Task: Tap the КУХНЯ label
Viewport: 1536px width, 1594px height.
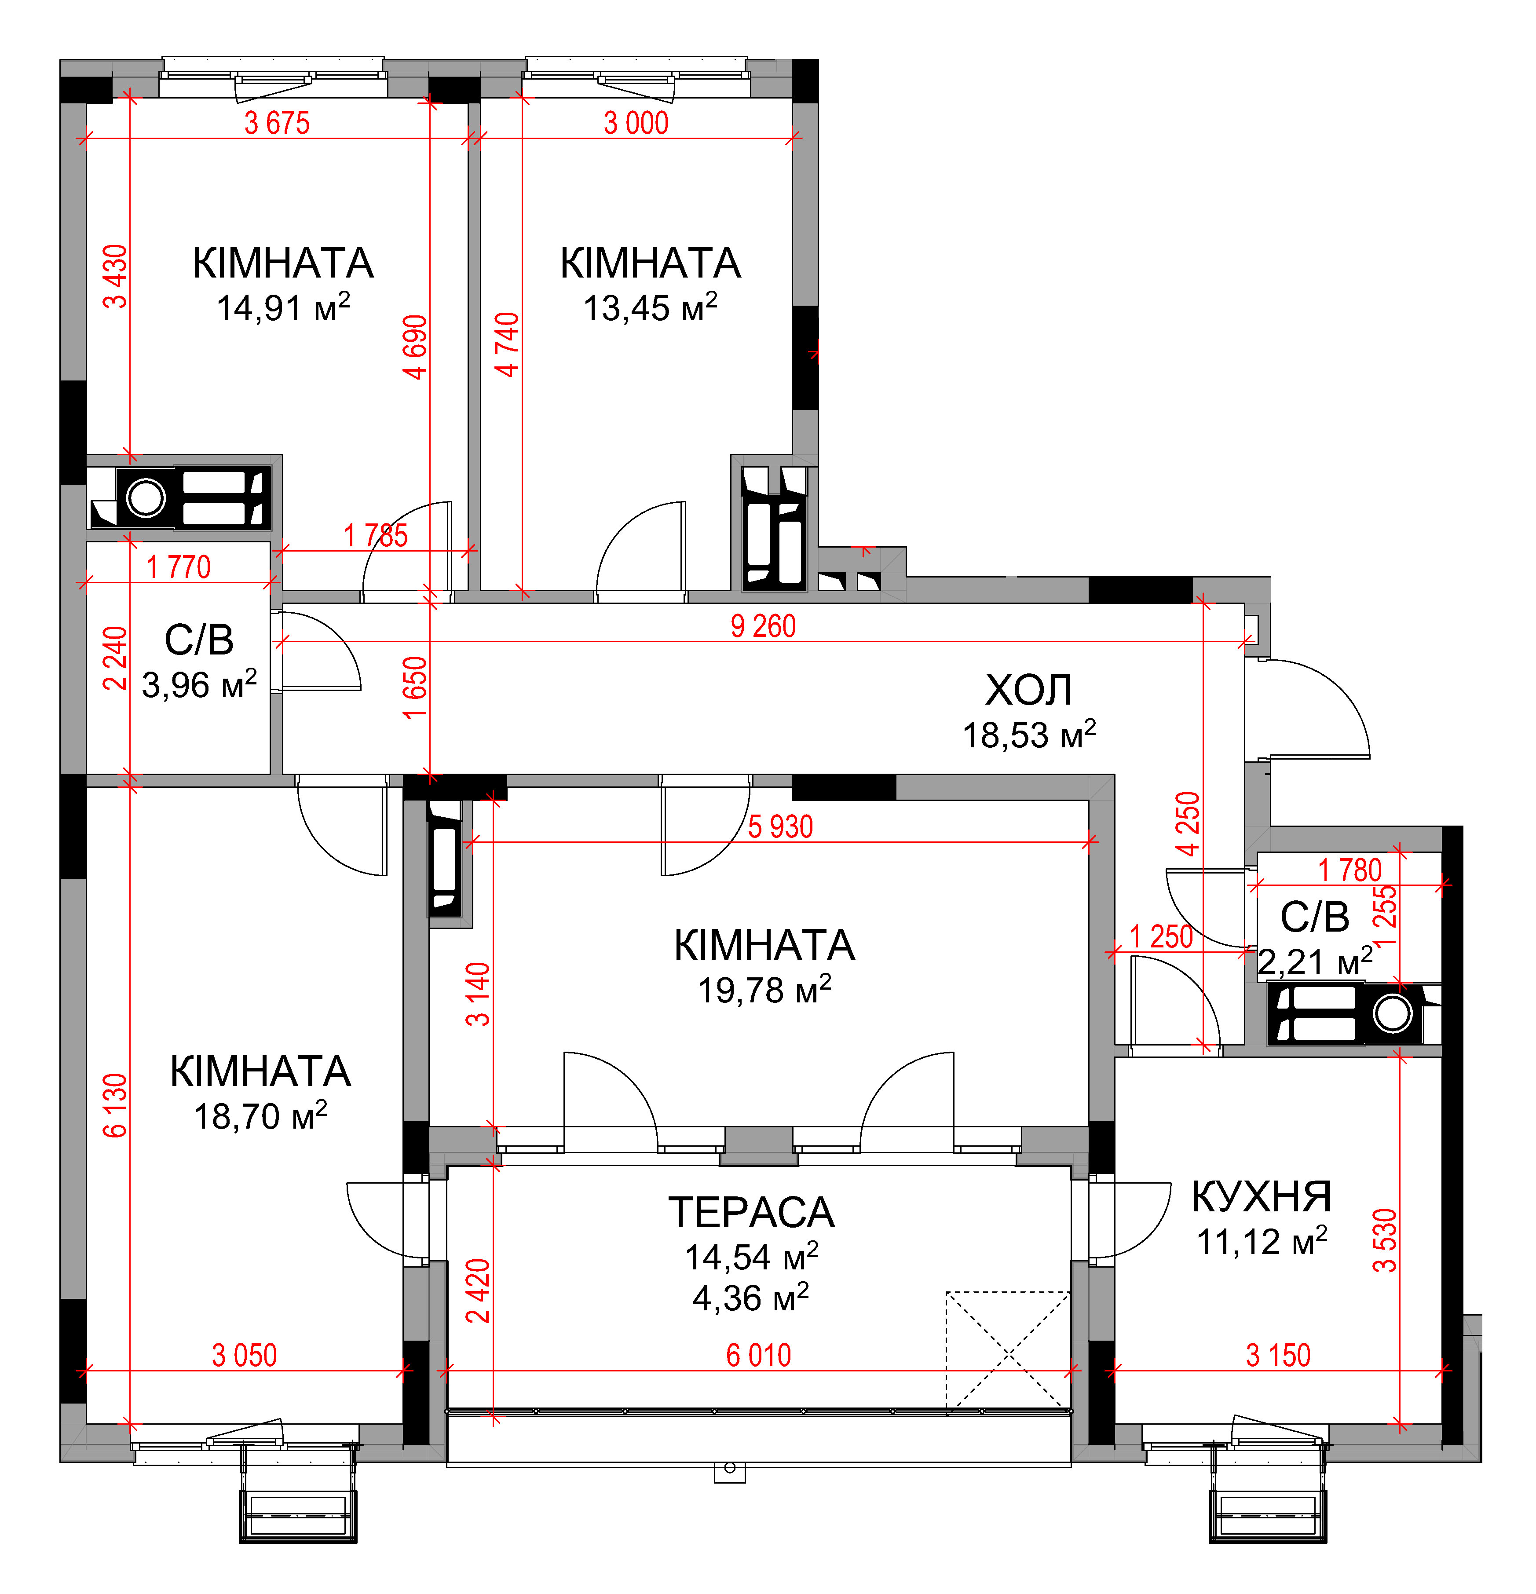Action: click(1261, 1196)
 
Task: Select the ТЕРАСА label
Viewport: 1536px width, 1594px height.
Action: click(751, 1213)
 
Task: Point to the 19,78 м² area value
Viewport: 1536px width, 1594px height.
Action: click(764, 990)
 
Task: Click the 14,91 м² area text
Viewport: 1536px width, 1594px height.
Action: click(283, 307)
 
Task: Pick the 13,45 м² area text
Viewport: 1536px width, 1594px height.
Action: click(651, 307)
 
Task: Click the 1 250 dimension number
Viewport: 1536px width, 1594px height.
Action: click(1161, 937)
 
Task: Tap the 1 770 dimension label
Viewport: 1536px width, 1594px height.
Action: click(178, 567)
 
